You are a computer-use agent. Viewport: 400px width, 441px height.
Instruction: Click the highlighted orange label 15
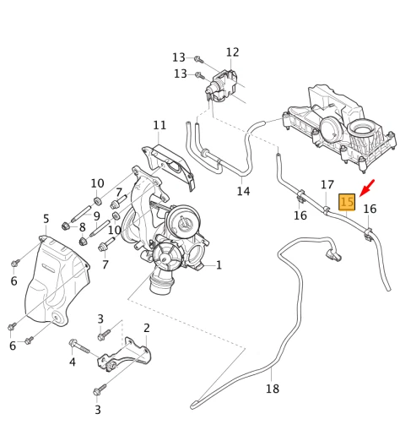coord(347,203)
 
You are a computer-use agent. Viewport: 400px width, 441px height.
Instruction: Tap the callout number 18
coord(272,389)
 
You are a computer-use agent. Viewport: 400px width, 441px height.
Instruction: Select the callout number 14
coord(243,191)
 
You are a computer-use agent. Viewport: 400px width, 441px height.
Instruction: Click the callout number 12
coord(232,52)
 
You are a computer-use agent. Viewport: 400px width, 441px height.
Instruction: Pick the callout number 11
coord(159,126)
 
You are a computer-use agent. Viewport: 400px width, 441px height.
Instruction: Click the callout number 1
coord(219,264)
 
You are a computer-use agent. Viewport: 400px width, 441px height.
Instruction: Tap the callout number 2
coord(146,328)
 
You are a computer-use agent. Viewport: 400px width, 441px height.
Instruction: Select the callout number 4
coord(73,362)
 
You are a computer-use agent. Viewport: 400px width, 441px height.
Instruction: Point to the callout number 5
coord(46,220)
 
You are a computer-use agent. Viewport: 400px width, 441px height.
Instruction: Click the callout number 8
coord(82,226)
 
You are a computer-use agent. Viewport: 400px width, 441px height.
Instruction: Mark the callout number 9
coord(96,216)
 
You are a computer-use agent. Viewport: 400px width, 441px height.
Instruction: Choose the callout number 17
coord(327,184)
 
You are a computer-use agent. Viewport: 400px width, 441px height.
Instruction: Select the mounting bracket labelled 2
coord(127,355)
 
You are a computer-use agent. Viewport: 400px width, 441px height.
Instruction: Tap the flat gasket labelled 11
coord(173,166)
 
